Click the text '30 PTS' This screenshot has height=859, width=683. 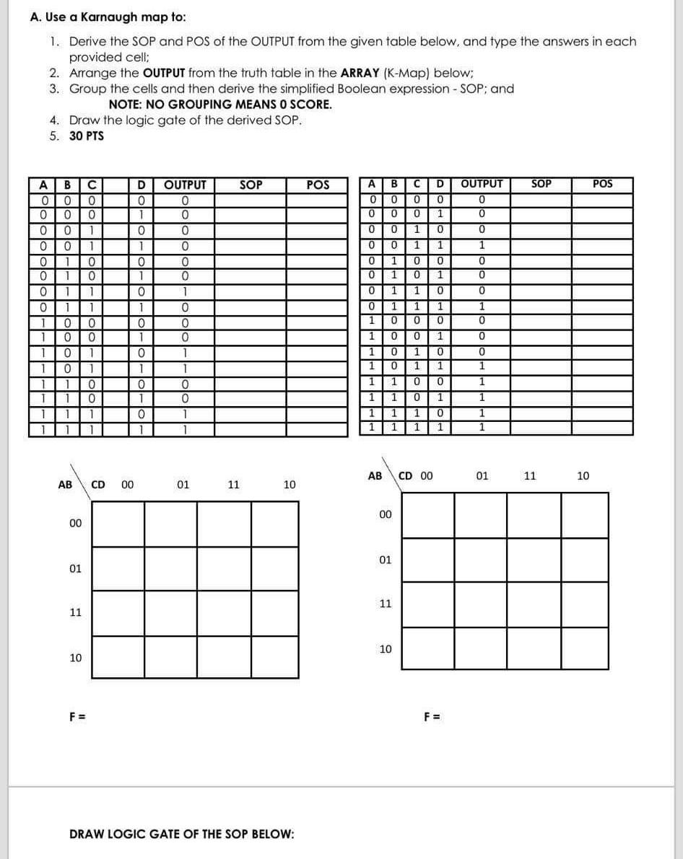[87, 136]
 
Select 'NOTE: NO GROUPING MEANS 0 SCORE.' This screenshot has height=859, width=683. [220, 105]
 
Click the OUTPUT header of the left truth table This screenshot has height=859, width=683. [186, 185]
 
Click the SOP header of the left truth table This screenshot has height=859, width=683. [251, 185]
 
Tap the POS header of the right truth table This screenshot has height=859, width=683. [602, 184]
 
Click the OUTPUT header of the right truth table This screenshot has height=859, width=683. [482, 184]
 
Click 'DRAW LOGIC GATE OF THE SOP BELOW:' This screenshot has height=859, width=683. [181, 834]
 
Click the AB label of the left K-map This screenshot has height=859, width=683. [65, 485]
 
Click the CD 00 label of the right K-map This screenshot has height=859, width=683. [416, 476]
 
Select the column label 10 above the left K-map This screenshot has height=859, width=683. [289, 485]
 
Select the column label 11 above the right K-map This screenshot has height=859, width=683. [530, 476]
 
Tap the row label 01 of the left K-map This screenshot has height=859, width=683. [75, 568]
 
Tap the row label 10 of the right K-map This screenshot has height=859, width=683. [386, 649]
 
